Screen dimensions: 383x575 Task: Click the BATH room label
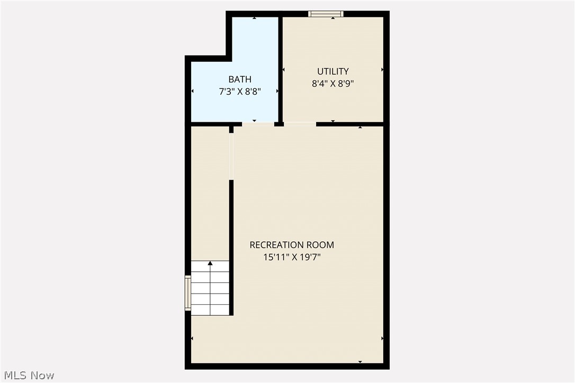[x=240, y=79]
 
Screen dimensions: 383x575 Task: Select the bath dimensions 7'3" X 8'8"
[x=240, y=91]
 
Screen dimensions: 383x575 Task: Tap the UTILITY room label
[x=333, y=71]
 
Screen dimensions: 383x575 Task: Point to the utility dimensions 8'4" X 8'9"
[x=333, y=83]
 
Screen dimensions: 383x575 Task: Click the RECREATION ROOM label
[x=292, y=245]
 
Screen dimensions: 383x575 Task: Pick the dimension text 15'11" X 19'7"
[x=292, y=257]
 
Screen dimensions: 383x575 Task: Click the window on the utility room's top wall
[x=326, y=14]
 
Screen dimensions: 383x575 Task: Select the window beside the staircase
[x=187, y=293]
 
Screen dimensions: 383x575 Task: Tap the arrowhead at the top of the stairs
[x=210, y=263]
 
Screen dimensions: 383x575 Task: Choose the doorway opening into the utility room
[x=300, y=124]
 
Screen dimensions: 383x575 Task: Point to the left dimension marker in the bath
[x=192, y=91]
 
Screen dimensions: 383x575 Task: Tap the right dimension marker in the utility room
[x=382, y=69]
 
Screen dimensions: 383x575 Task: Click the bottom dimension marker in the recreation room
[x=360, y=361]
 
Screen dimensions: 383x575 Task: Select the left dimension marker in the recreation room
[x=192, y=338]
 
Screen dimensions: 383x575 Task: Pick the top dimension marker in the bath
[x=254, y=19]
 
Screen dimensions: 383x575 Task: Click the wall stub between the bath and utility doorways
[x=278, y=124]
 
